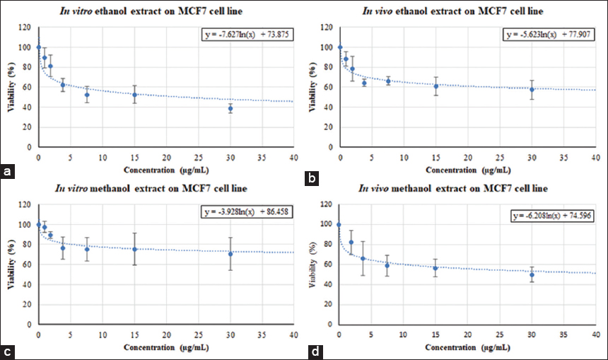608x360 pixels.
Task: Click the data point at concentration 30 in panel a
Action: click(230, 108)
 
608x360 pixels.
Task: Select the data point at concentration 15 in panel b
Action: click(436, 86)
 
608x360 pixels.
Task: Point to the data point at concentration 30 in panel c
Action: click(230, 253)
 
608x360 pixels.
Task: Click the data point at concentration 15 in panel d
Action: click(435, 267)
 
